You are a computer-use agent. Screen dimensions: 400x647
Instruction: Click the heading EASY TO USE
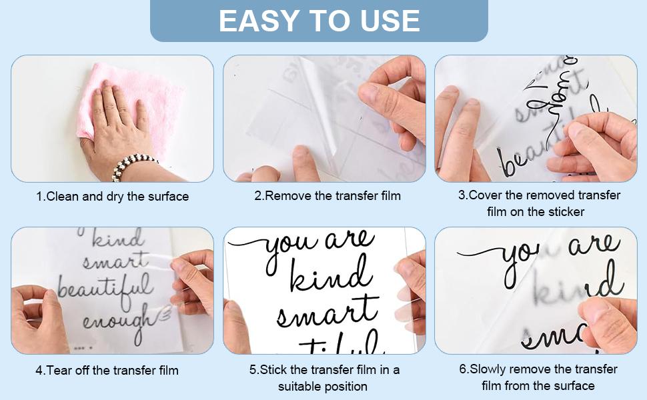319,21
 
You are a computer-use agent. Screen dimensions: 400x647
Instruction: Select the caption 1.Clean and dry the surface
112,197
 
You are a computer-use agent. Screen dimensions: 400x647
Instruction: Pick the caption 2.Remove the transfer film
328,196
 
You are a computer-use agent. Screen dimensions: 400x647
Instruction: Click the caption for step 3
539,203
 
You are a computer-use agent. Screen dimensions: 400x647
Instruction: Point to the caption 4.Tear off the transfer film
107,370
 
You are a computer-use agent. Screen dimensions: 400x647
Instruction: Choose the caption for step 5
324,377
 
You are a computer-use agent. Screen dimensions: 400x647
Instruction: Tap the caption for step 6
538,377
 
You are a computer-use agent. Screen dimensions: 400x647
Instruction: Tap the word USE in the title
390,21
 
